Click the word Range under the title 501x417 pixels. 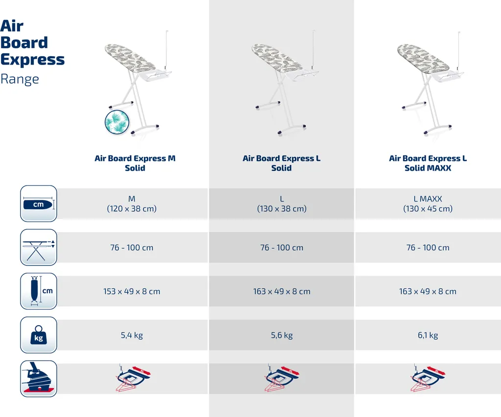pos(20,79)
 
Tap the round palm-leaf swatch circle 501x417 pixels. pos(117,122)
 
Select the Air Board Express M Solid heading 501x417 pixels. pos(135,163)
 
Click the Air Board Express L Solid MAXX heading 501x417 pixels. pos(428,163)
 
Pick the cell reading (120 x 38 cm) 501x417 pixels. pos(132,208)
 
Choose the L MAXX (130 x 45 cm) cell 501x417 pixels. pos(428,204)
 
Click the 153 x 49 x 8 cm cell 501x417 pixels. pos(132,291)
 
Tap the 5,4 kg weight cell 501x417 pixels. pos(132,335)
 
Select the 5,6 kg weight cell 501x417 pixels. pos(282,335)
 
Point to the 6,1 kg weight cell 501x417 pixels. pos(428,335)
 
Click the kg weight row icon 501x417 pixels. pos(39,335)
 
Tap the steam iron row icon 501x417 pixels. pos(39,379)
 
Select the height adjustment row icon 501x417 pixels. pos(39,247)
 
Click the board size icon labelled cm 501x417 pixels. pos(39,204)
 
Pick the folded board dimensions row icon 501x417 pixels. pos(39,291)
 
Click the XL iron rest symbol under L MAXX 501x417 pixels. pos(428,378)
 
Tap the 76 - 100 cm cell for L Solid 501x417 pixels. pos(282,247)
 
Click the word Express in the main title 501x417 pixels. pos(32,60)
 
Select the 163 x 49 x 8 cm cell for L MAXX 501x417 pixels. pos(428,291)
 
